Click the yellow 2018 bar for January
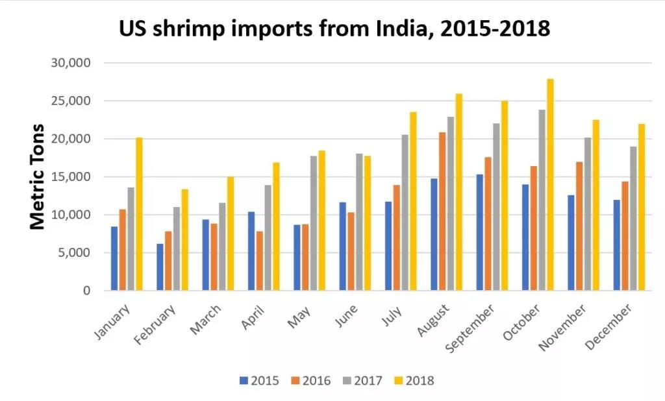click(139, 214)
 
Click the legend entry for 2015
click(259, 381)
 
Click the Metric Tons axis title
click(38, 176)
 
